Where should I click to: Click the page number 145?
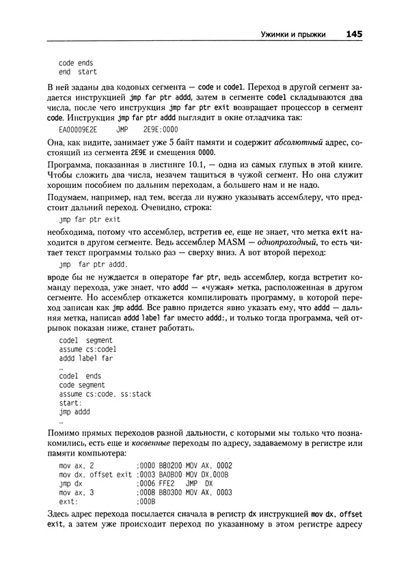(x=357, y=33)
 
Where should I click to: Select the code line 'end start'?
(x=78, y=72)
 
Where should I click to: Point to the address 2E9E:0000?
(x=161, y=128)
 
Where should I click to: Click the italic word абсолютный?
(x=271, y=141)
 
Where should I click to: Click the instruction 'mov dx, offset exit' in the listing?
(x=95, y=473)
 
